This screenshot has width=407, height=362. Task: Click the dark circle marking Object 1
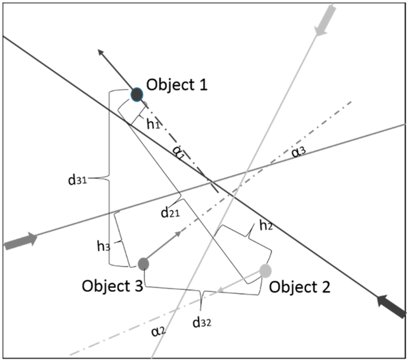137,94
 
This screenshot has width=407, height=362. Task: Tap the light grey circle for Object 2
265,271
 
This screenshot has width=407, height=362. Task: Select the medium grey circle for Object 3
143,263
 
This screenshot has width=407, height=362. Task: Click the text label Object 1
177,85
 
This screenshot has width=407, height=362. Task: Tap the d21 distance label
170,212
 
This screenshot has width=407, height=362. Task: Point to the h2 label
266,226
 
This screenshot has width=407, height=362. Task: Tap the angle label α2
157,331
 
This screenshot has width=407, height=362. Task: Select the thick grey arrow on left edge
20,241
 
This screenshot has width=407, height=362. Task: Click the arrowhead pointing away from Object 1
102,53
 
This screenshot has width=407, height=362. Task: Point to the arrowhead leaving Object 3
177,234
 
